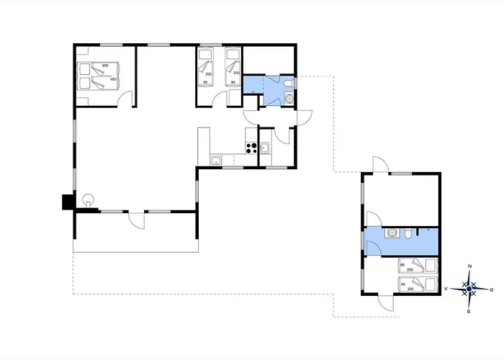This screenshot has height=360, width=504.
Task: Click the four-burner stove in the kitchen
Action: point(251,148)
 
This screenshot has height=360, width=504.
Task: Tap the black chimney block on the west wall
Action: point(68,202)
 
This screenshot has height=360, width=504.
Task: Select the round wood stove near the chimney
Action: point(88,200)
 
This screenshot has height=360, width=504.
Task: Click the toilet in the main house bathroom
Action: point(288,84)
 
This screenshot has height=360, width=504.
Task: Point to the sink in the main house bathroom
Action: point(289,99)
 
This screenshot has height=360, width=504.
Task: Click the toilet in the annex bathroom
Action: point(408,234)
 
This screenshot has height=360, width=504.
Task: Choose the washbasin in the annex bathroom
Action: point(392,233)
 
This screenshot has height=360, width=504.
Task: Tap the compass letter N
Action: point(469,266)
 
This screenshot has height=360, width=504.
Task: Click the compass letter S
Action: point(469,311)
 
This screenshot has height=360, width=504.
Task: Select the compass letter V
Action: point(446,289)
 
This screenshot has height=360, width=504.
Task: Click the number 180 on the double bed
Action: point(113,79)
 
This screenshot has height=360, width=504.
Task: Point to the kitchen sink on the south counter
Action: point(216,160)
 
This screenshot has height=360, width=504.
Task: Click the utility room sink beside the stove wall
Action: point(266,148)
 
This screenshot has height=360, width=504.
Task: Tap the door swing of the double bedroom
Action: point(125,99)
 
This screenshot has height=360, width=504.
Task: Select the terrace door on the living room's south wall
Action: point(137,220)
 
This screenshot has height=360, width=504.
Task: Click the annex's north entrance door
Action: point(381,165)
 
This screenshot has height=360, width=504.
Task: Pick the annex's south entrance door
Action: point(386,303)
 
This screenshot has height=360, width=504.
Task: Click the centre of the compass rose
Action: point(469,289)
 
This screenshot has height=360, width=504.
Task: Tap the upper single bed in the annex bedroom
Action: point(418,266)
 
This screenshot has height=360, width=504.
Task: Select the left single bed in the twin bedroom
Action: point(204,67)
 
